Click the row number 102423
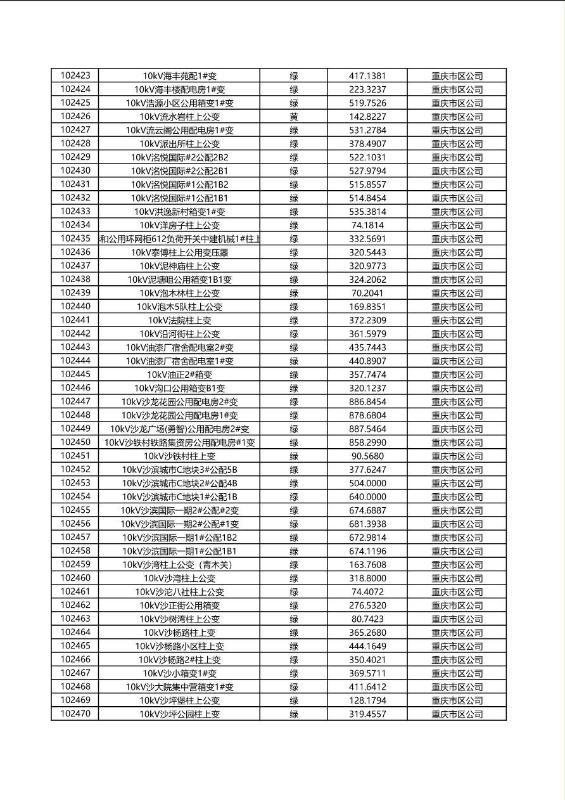pyautogui.click(x=75, y=75)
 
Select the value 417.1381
pyautogui.click(x=367, y=76)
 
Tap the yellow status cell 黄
pyautogui.click(x=294, y=117)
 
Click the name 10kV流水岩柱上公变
pyautogui.click(x=179, y=117)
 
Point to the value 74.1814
pyautogui.click(x=367, y=225)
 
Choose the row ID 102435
pyautogui.click(x=75, y=238)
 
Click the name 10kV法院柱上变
pyautogui.click(x=179, y=320)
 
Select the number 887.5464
pyautogui.click(x=367, y=429)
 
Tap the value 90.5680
pyautogui.click(x=367, y=456)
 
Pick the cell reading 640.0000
pyautogui.click(x=367, y=497)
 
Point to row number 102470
pyautogui.click(x=75, y=714)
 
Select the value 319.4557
pyautogui.click(x=367, y=714)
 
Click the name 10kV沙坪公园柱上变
pyautogui.click(x=179, y=714)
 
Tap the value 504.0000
pyautogui.click(x=367, y=484)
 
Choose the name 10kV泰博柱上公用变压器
pyautogui.click(x=179, y=252)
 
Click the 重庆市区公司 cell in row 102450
pyautogui.click(x=457, y=442)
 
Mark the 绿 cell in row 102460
pyautogui.click(x=294, y=578)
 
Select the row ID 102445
pyautogui.click(x=75, y=375)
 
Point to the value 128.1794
pyautogui.click(x=367, y=700)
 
